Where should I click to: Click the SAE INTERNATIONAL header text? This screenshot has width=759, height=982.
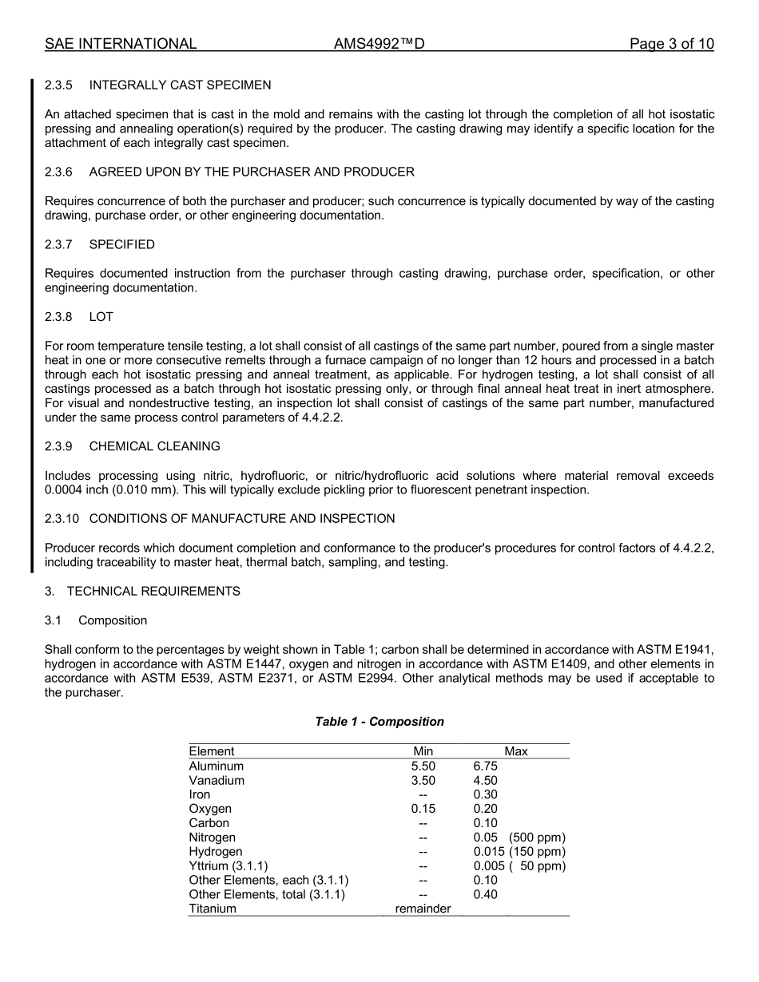(121, 44)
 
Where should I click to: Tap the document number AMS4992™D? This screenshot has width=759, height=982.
(379, 44)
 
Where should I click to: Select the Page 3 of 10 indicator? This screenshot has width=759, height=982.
(671, 44)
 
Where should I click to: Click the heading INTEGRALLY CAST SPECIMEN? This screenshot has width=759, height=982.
(180, 85)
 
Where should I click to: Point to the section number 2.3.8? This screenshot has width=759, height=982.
(58, 317)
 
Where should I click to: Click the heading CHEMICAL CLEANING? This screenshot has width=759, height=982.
(154, 446)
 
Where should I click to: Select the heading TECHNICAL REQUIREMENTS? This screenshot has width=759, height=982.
(153, 592)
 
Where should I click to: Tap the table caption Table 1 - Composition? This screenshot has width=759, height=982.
(379, 722)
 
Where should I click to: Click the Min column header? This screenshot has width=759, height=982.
(423, 751)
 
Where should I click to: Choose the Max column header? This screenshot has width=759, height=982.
(516, 751)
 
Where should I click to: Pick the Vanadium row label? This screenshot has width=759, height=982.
(217, 780)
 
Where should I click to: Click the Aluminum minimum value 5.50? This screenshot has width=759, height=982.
(423, 766)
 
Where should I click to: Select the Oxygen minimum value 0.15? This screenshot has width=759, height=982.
(423, 809)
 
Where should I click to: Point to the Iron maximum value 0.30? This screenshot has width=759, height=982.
(485, 794)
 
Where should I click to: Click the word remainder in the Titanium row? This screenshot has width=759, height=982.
(423, 909)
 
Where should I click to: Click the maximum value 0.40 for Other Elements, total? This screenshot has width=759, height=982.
(485, 894)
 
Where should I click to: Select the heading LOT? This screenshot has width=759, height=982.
(101, 317)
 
